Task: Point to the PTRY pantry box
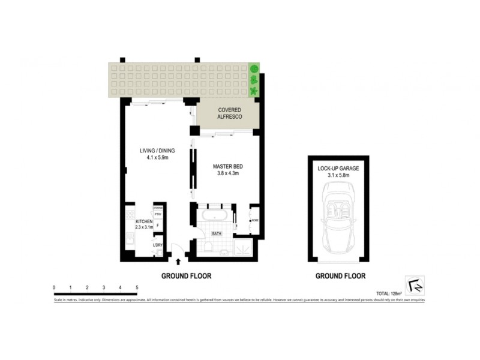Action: pyautogui.click(x=158, y=214)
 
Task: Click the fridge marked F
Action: pyautogui.click(x=158, y=225)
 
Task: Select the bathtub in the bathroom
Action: pyautogui.click(x=215, y=216)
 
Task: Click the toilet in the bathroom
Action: pyautogui.click(x=206, y=247)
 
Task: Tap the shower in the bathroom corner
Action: pyautogui.click(x=244, y=247)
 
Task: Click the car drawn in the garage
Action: pyautogui.click(x=338, y=219)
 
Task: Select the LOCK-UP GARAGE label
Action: pyautogui.click(x=338, y=169)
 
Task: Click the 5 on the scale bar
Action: pyautogui.click(x=137, y=287)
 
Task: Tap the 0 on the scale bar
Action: pyautogui.click(x=54, y=287)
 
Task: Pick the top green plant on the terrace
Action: pyautogui.click(x=254, y=68)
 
